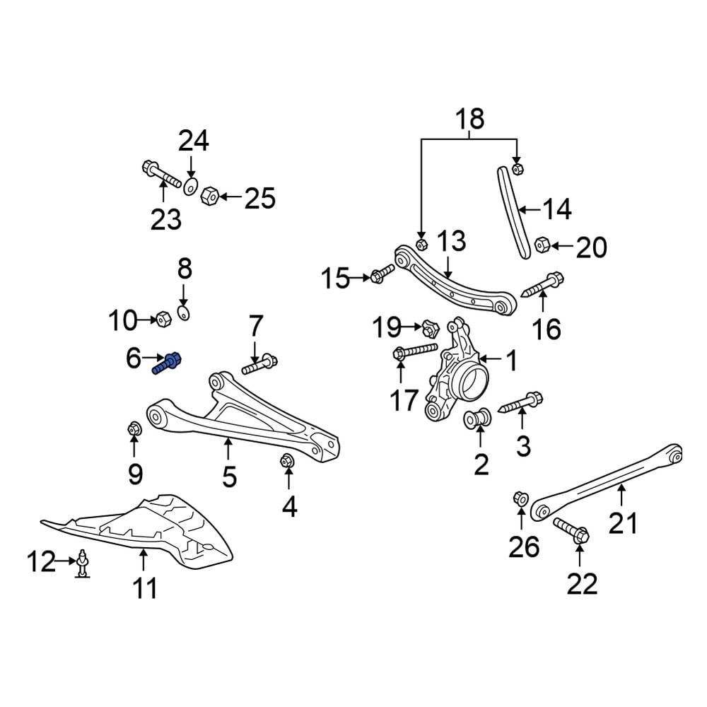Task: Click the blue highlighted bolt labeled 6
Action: pyautogui.click(x=168, y=363)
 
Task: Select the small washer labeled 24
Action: pyautogui.click(x=189, y=187)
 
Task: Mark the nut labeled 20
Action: pyautogui.click(x=542, y=245)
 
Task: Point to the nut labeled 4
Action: pyautogui.click(x=287, y=460)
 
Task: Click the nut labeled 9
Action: pyautogui.click(x=134, y=429)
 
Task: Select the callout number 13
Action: pyautogui.click(x=451, y=241)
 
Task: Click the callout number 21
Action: pyautogui.click(x=623, y=523)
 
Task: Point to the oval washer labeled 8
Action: pyautogui.click(x=183, y=313)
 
